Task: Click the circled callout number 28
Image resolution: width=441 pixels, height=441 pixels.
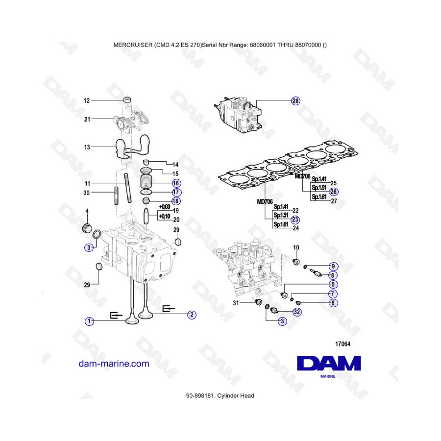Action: [x=295, y=100]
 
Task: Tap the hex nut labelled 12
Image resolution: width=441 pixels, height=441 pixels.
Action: [x=127, y=99]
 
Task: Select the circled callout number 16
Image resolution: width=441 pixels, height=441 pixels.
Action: [x=176, y=183]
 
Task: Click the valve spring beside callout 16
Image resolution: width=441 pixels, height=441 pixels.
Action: [x=146, y=182]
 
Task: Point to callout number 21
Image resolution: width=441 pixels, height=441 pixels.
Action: [x=87, y=119]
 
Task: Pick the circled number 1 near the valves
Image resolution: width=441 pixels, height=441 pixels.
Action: [x=89, y=321]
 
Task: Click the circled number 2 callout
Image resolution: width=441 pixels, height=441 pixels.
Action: [x=192, y=315]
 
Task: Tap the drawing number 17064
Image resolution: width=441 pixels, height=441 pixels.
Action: [x=343, y=343]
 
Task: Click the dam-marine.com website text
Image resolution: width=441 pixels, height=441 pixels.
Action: [x=114, y=364]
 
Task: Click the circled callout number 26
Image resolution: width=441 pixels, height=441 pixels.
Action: [x=334, y=192]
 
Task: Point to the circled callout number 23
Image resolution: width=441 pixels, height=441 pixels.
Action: [x=295, y=220]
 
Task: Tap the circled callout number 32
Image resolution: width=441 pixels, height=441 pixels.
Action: [x=297, y=312]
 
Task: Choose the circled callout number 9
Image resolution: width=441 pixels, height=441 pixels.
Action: [x=333, y=266]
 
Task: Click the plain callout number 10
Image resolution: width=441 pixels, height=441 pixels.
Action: [x=296, y=247]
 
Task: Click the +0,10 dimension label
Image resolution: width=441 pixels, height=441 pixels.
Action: [x=165, y=216]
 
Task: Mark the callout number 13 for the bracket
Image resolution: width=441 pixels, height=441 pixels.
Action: [x=87, y=147]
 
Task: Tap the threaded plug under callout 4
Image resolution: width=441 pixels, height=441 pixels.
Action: [x=87, y=228]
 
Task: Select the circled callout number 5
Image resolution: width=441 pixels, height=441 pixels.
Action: [x=333, y=284]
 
